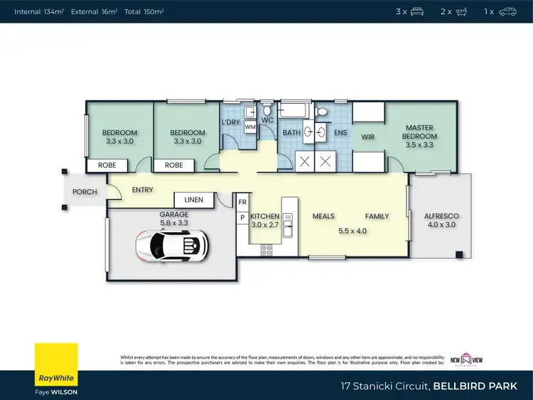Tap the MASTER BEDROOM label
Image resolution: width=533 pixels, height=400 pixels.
[x=419, y=136]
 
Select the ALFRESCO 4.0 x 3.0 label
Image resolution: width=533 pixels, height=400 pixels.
[x=441, y=220]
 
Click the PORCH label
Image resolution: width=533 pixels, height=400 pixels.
[x=85, y=192]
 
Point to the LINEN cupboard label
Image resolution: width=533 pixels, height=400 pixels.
[x=194, y=200]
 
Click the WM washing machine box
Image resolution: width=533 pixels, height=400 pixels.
[x=250, y=127]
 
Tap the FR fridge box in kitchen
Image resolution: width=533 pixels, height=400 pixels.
[x=242, y=202]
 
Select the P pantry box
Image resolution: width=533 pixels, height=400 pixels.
[x=242, y=217]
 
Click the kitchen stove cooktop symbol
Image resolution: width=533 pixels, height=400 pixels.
[x=267, y=249]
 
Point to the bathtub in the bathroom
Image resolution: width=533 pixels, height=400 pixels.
[x=294, y=110]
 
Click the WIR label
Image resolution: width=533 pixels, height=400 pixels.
[x=367, y=136]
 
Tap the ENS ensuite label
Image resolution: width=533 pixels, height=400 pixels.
[x=340, y=132]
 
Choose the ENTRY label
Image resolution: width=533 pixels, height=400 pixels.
[x=142, y=190]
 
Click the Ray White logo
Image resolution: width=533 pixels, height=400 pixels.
[x=56, y=365]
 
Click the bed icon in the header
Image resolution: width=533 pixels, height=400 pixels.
[x=417, y=11]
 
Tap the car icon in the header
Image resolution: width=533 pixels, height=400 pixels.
[x=507, y=11]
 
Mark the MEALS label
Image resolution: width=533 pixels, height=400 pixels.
[x=323, y=216]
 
